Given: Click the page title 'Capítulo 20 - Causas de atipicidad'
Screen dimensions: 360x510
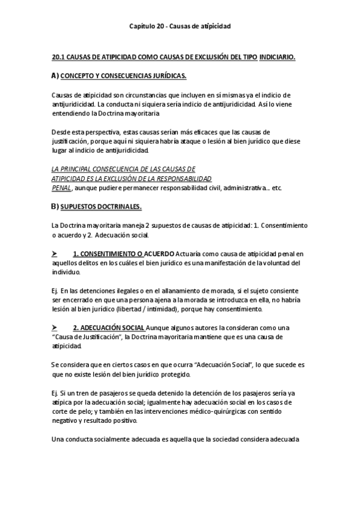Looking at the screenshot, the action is (180, 26).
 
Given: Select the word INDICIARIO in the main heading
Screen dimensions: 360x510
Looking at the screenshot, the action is (277, 57).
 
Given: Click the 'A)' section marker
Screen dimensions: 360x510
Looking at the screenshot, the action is (55, 75).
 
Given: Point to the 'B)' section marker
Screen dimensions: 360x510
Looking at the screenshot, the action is (55, 206).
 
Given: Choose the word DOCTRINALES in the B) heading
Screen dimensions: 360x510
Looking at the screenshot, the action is (120, 207).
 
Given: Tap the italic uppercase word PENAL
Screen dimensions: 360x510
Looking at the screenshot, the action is (62, 188).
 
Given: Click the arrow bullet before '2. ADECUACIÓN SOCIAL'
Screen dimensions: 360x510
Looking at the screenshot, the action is (55, 327).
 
